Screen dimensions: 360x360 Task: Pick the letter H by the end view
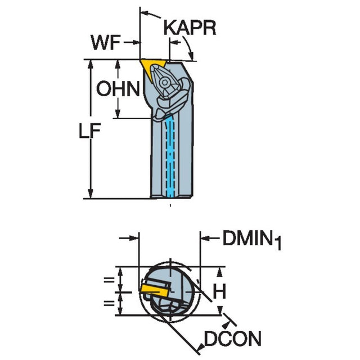[221, 291]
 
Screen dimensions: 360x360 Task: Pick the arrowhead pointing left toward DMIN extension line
[205, 239]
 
